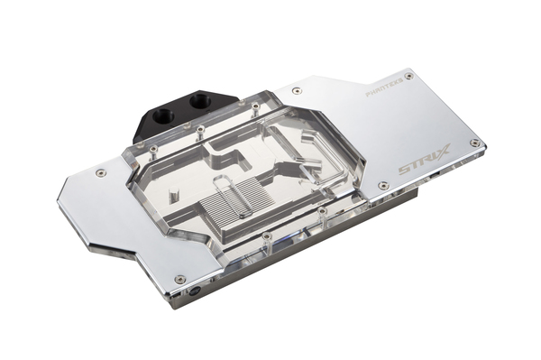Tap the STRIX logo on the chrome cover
(423, 165)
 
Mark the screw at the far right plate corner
(474, 143)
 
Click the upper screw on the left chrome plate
(100, 172)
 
